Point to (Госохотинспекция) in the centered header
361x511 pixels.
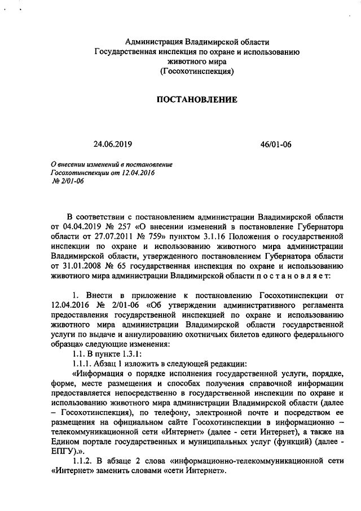[x=197, y=71]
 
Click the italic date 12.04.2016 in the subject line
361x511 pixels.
[x=138, y=172]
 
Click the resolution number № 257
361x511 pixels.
[x=121, y=228]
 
